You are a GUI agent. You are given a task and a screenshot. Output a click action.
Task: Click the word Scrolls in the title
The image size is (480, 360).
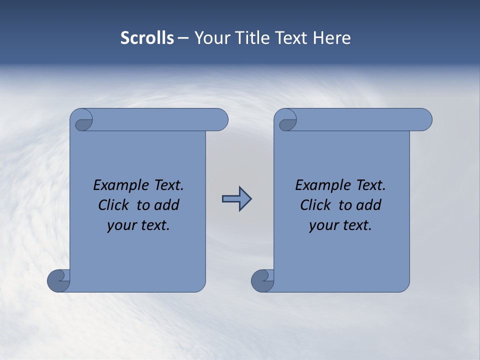147,38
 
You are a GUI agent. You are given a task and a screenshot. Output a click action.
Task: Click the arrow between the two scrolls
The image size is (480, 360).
236,199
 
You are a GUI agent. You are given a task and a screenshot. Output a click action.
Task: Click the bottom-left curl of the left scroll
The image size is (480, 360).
59,280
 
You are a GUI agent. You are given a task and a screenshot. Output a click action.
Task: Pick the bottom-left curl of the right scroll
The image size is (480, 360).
262,280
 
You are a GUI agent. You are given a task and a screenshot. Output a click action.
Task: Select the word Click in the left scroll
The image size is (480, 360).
114,205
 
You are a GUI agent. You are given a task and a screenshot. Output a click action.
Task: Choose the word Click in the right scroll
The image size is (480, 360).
316,205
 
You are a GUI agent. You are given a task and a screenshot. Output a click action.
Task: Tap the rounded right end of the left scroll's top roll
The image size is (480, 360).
220,120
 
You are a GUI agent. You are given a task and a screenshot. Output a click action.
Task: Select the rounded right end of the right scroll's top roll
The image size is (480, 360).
424,120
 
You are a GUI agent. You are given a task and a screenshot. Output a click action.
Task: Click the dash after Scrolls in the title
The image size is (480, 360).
183,38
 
